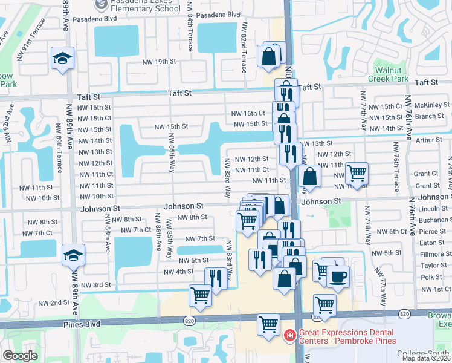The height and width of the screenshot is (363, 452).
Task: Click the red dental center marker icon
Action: coord(289,335)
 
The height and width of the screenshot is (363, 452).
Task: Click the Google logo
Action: coord(20,355)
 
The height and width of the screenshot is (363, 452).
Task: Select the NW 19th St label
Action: coord(159,62)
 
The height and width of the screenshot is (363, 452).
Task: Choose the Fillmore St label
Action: coord(432,254)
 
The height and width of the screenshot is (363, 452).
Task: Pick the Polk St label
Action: coord(431,276)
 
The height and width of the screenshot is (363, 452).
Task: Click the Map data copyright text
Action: coord(425,358)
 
